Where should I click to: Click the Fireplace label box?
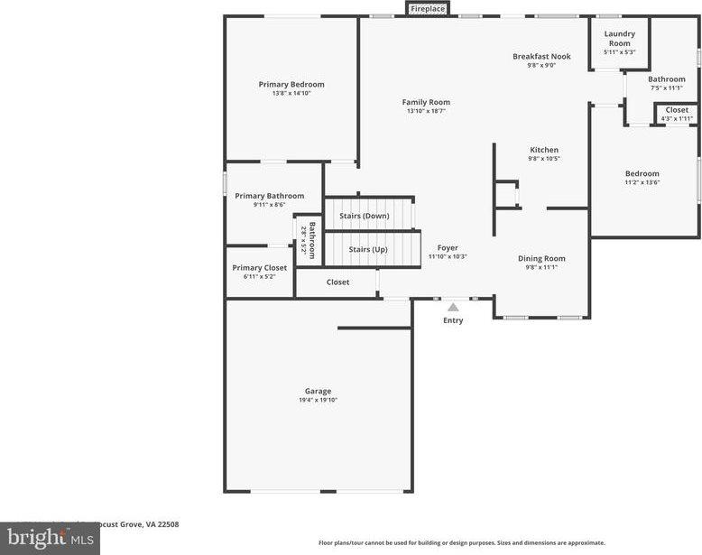(428, 9)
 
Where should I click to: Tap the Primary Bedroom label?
(291, 85)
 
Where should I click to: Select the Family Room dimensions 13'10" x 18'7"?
(426, 111)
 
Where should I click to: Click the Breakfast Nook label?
(541, 56)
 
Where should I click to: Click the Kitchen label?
(544, 150)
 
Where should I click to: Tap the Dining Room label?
(541, 259)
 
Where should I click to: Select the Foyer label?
(448, 247)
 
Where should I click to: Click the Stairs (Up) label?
(368, 249)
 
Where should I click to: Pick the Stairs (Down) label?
(364, 216)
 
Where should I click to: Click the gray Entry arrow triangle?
(453, 307)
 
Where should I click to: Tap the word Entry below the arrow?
(453, 320)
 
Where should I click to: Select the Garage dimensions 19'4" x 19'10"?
(318, 400)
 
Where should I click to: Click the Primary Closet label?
(260, 268)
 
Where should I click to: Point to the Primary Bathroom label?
(270, 196)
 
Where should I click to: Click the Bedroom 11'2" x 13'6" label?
(642, 174)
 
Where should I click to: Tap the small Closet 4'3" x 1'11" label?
(677, 110)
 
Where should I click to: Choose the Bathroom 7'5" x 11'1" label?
(667, 79)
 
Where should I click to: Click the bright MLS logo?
(49, 539)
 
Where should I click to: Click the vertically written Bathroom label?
(312, 240)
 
